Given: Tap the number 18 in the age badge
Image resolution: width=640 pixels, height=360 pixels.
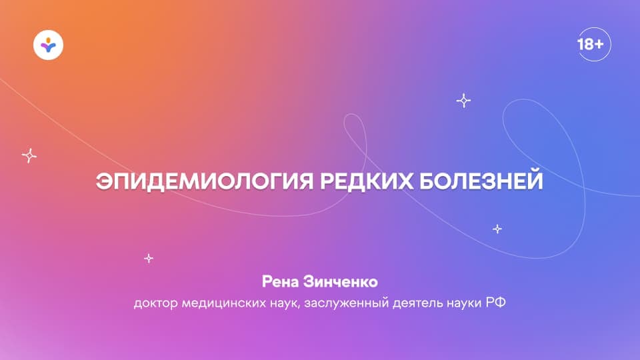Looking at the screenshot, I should click(586, 45).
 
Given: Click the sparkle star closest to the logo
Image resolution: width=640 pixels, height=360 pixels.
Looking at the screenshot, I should click(29, 155).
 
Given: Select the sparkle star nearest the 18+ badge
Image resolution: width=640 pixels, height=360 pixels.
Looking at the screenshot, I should click(463, 101).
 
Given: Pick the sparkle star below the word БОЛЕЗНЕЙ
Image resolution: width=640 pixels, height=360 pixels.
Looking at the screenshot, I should click(497, 229).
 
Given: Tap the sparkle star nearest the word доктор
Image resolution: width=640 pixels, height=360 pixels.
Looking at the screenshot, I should click(149, 257).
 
